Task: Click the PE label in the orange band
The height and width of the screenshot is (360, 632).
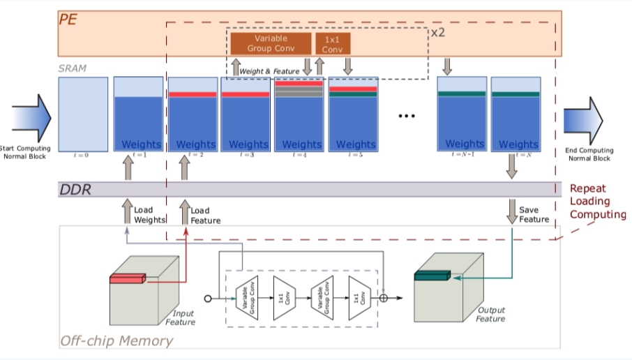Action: click(x=68, y=20)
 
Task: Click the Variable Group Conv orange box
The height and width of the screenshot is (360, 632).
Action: click(x=271, y=43)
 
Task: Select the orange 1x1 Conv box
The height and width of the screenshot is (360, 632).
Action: click(x=333, y=43)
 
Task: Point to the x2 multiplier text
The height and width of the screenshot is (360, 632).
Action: click(x=437, y=33)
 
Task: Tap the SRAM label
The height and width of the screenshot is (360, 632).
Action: click(x=73, y=68)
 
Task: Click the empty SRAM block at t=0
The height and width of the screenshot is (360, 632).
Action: click(x=83, y=114)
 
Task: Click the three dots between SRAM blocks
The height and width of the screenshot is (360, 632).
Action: click(x=407, y=116)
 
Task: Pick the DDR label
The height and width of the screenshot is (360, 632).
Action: click(x=75, y=189)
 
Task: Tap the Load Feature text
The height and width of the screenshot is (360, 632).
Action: click(x=205, y=215)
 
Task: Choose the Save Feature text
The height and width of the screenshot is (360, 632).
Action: click(x=534, y=215)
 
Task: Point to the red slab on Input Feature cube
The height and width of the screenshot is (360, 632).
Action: click(x=126, y=280)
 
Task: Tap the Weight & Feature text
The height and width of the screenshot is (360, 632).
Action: click(x=269, y=71)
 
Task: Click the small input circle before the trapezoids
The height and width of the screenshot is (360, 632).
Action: click(x=207, y=298)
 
